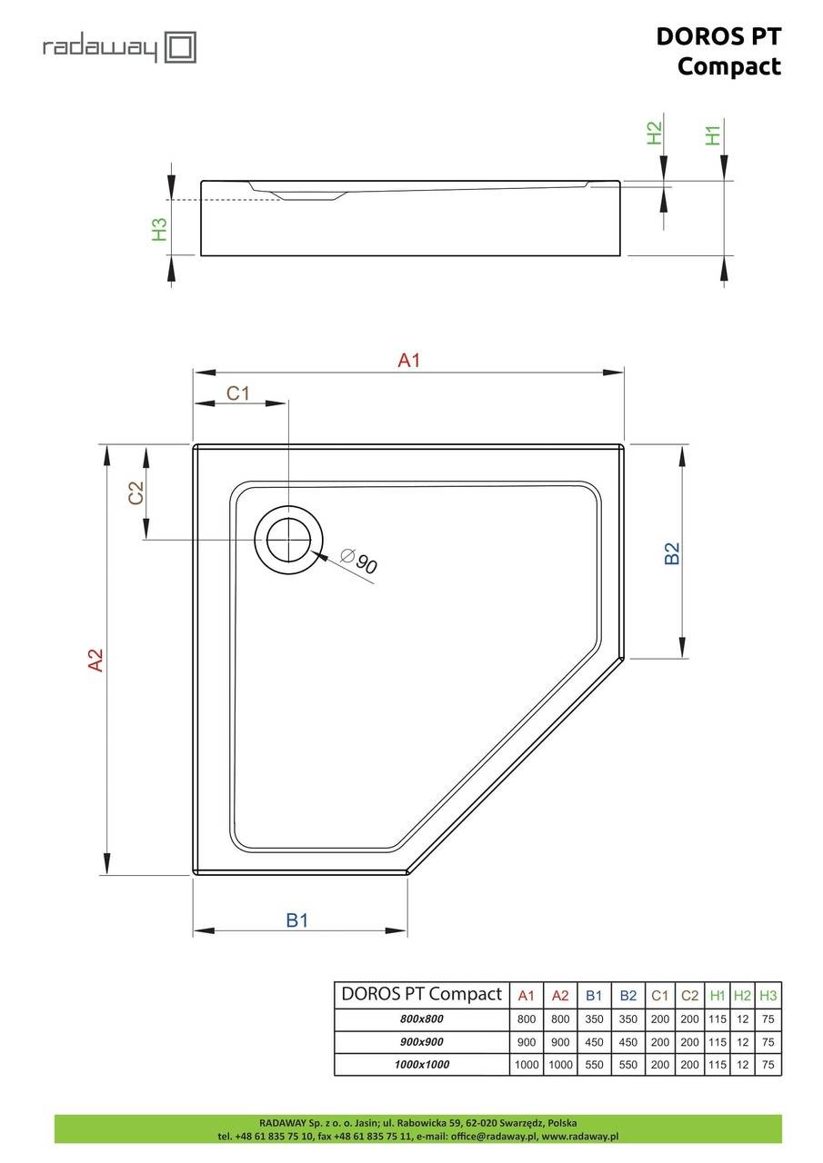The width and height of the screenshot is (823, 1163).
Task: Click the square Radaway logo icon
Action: coord(180,47)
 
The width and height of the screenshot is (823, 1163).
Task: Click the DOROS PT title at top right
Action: coord(718,37)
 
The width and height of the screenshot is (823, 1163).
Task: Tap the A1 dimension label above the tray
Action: coord(409,360)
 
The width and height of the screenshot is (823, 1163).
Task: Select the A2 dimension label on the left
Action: coord(96,660)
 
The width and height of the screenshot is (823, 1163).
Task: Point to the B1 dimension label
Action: coord(297,920)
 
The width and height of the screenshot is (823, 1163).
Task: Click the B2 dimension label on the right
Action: coord(672,553)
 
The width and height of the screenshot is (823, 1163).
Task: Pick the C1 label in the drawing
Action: coord(238,393)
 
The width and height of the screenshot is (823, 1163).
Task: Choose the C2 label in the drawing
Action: coord(135,492)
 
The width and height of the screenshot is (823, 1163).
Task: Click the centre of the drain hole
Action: coord(288,540)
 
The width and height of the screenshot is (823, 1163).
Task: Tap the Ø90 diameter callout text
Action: coord(359,561)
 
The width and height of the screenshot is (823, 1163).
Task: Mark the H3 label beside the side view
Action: coord(159,230)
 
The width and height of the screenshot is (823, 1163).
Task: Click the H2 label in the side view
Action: coord(654,133)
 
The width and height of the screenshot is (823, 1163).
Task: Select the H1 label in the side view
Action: coord(713,135)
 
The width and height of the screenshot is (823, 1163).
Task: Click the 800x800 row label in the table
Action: coord(421,1019)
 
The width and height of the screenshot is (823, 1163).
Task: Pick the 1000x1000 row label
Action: coord(421,1064)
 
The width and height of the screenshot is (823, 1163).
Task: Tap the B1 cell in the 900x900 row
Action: coord(594,1041)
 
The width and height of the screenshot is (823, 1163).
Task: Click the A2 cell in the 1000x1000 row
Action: coord(560,1064)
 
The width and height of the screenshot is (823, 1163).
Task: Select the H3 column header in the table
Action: coord(768,995)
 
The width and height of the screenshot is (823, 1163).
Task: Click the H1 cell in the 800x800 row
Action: coord(717,1019)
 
